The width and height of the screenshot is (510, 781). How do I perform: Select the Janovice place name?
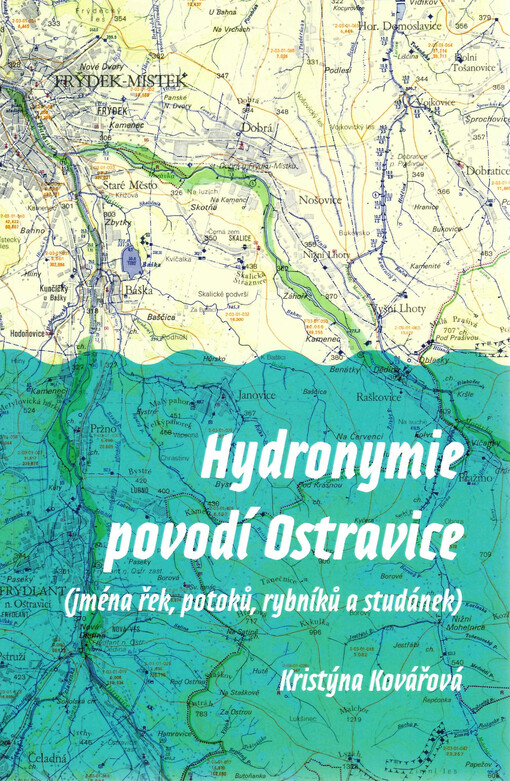click(x=257, y=396)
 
